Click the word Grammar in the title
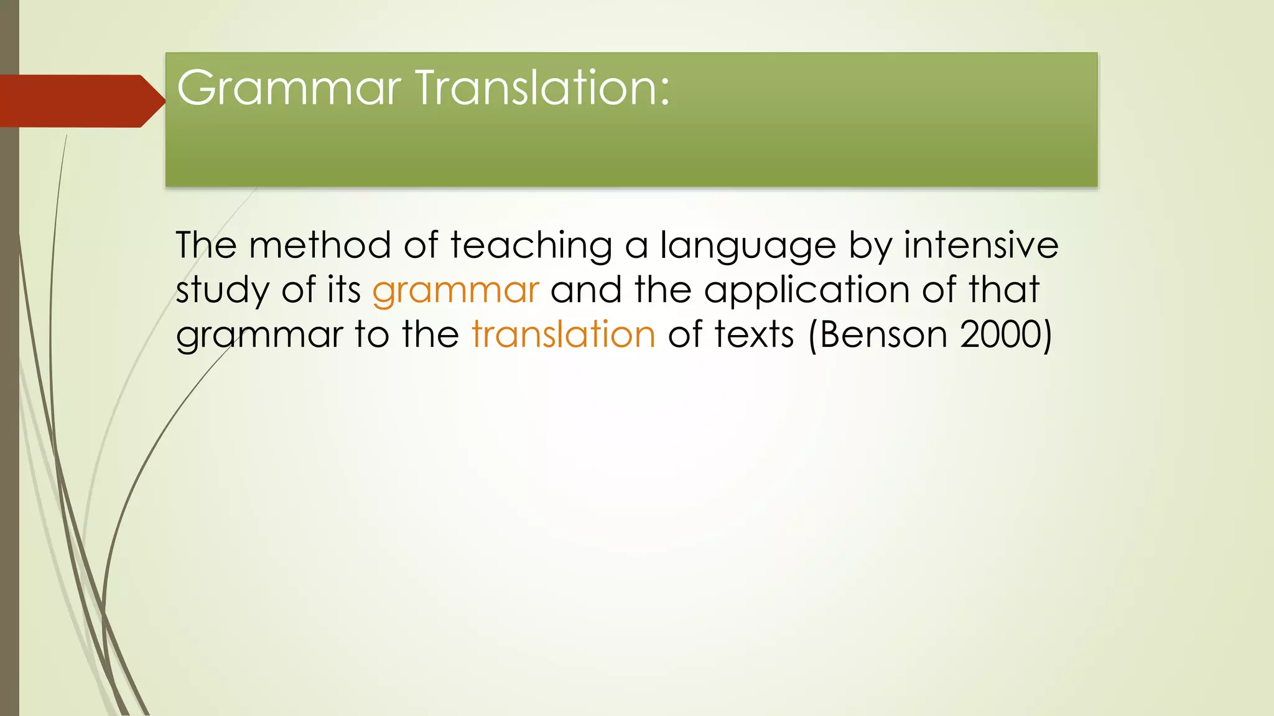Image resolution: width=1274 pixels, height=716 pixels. [289, 89]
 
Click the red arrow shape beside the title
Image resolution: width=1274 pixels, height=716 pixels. [81, 101]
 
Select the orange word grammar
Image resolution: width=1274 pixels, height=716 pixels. [455, 290]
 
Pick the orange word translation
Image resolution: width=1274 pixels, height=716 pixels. [564, 334]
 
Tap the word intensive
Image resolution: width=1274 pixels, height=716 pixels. [981, 245]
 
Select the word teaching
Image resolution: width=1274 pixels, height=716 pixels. [532, 246]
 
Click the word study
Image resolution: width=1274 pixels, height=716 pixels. [222, 291]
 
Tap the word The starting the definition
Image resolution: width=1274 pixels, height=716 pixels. [206, 245]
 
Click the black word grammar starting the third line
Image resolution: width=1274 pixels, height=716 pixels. [259, 336]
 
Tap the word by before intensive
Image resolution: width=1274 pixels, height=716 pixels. [870, 246]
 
